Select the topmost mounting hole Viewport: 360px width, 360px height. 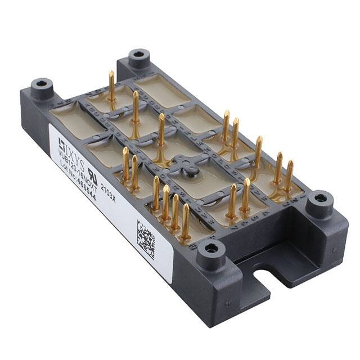138,56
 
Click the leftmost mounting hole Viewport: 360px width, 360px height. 42,85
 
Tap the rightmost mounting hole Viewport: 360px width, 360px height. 319,199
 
